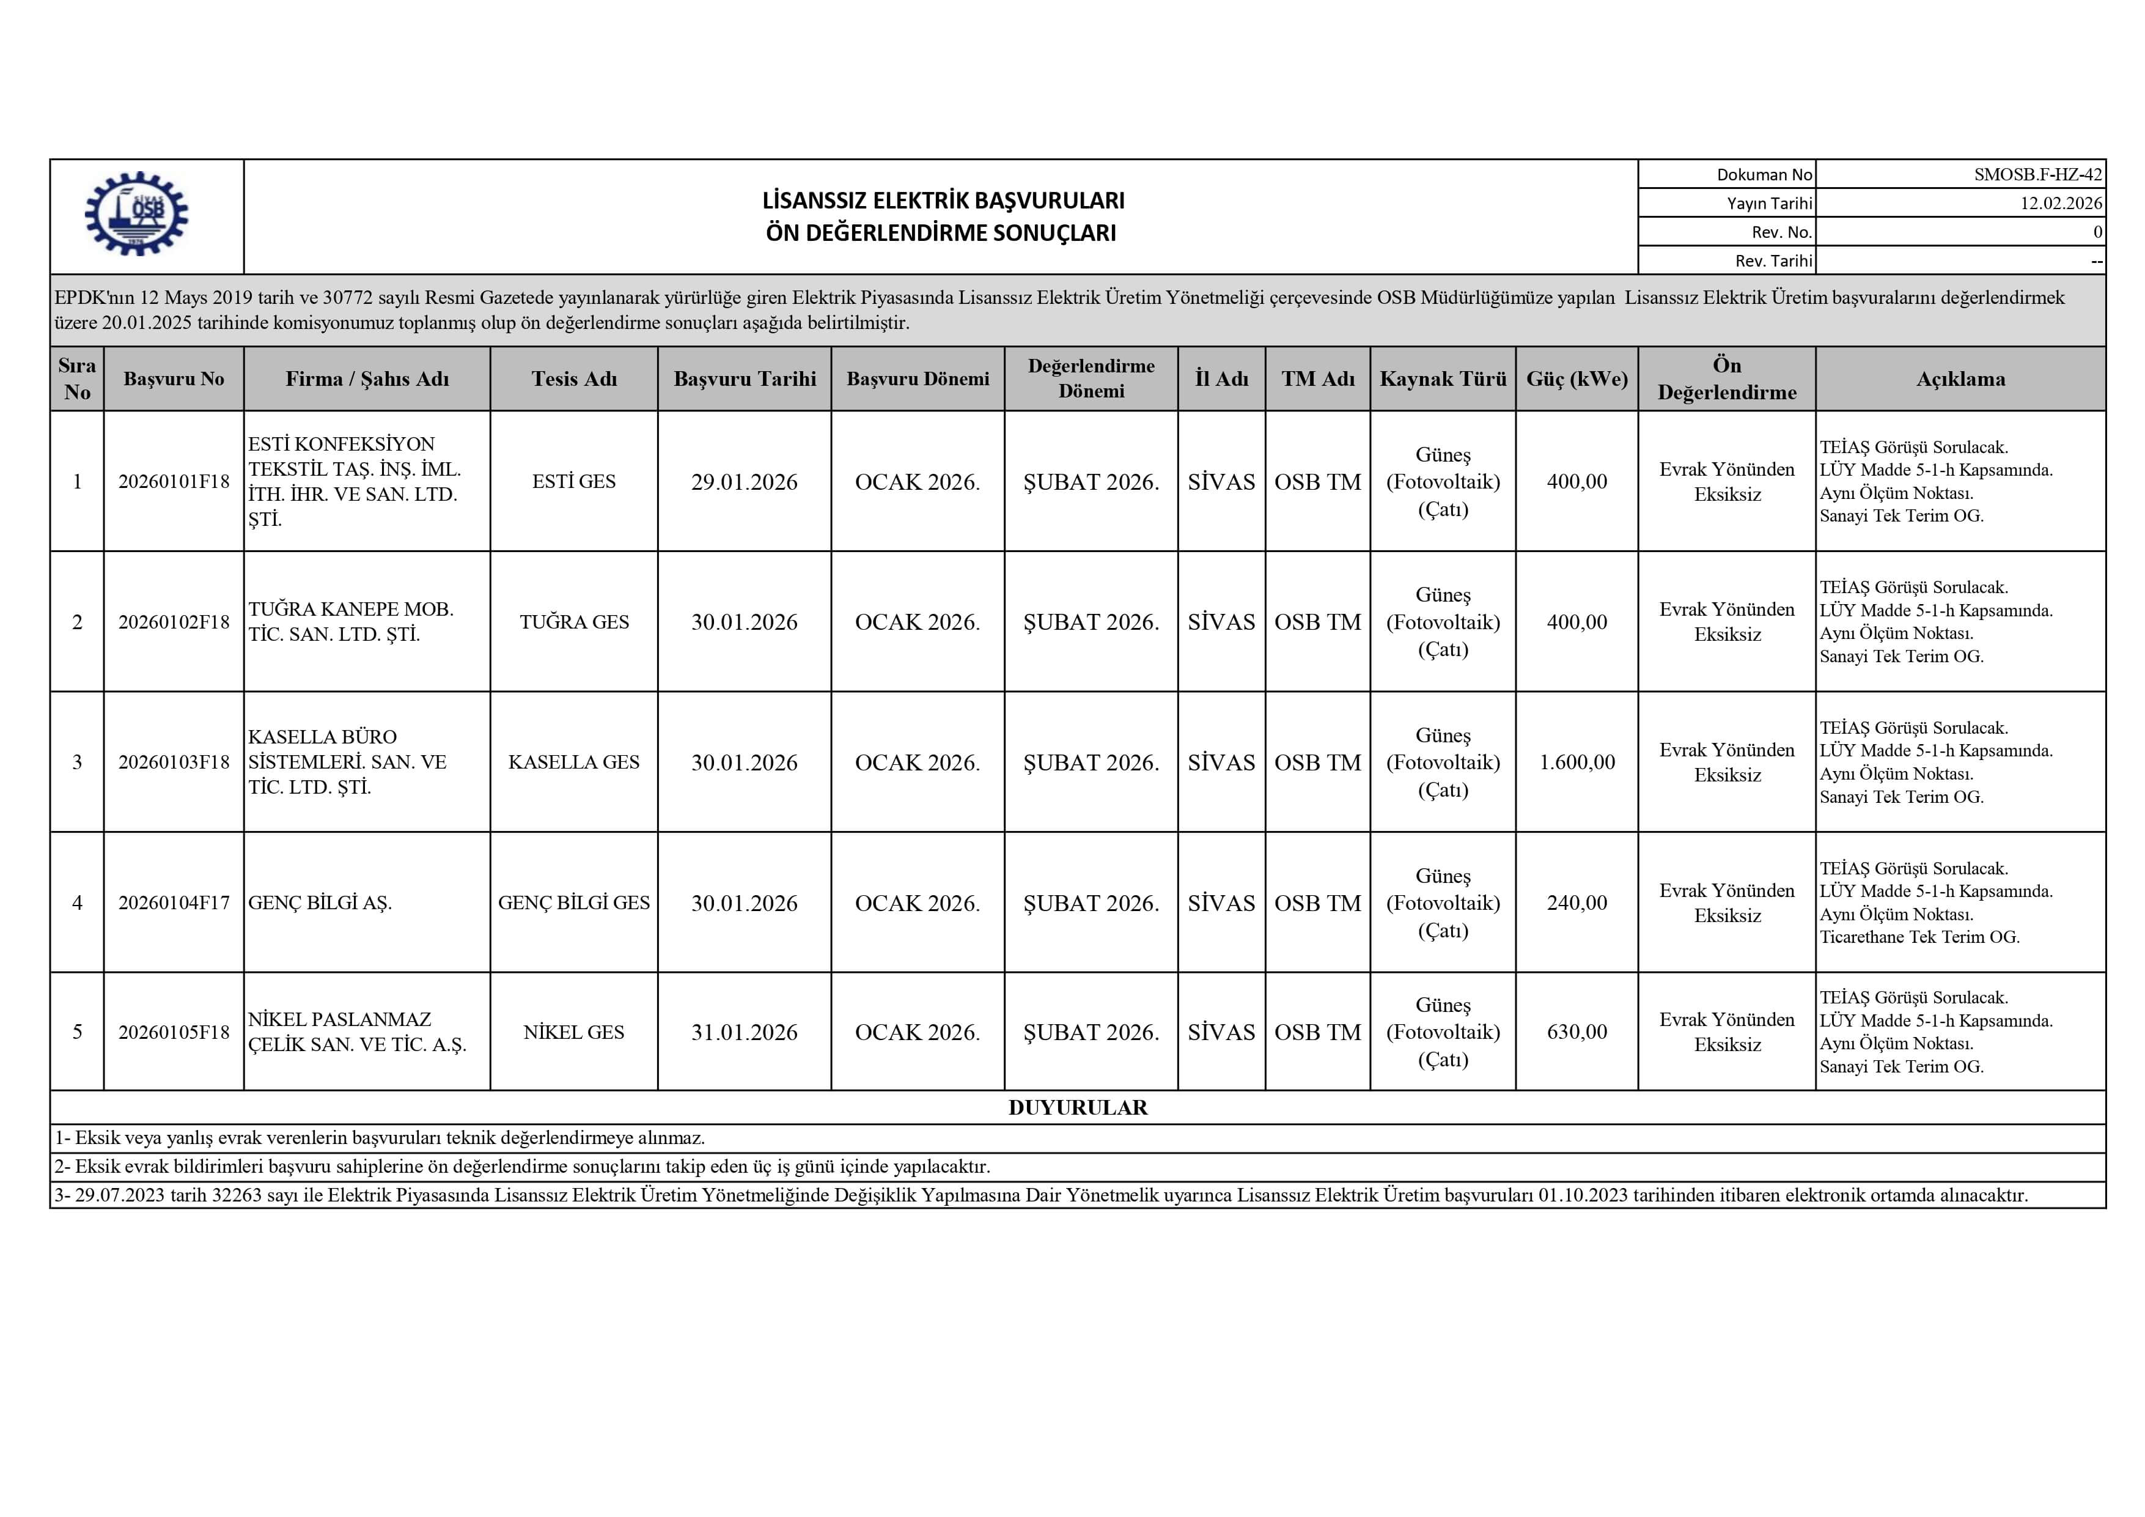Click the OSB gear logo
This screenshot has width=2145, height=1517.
[x=136, y=214]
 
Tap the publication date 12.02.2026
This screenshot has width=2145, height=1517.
[x=2061, y=203]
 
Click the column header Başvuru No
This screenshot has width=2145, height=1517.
[x=174, y=378]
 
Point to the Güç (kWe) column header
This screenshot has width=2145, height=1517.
[x=1577, y=378]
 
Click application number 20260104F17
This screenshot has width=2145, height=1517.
[x=174, y=903]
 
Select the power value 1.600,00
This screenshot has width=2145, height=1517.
[x=1577, y=762]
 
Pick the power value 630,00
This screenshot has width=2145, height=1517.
[x=1577, y=1032]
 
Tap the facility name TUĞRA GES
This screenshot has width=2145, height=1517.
[x=573, y=622]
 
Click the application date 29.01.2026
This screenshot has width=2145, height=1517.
[x=745, y=482]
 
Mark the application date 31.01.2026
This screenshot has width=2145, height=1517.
[x=745, y=1032]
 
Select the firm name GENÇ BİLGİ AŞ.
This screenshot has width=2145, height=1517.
[x=320, y=903]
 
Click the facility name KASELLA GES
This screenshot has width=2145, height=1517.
[x=573, y=762]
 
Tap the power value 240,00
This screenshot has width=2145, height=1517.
[x=1577, y=903]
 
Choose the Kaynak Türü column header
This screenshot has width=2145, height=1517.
[x=1443, y=378]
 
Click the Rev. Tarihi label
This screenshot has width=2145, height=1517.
[x=1773, y=260]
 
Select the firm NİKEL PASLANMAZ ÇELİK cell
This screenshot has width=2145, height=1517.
[x=357, y=1032]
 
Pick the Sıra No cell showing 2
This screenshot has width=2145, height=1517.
[x=78, y=622]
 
